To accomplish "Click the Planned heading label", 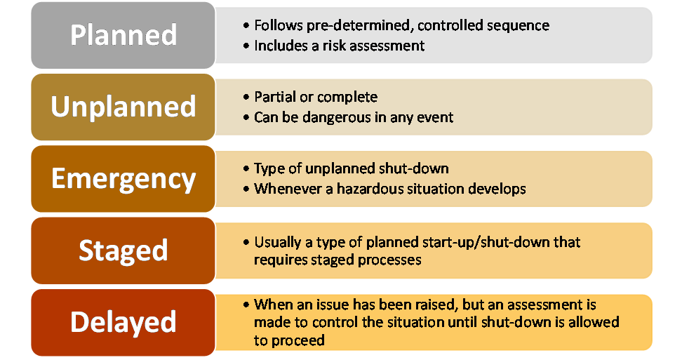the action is [x=123, y=35].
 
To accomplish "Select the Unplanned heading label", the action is [x=123, y=107].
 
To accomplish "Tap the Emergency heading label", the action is [x=123, y=179].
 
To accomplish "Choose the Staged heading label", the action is [x=123, y=251].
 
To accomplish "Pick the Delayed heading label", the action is [x=123, y=322].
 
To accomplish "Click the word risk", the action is [x=334, y=46].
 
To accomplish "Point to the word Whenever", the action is [x=288, y=189].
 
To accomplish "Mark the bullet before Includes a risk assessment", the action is [x=246, y=46].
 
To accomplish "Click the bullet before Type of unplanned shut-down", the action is [x=246, y=168].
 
